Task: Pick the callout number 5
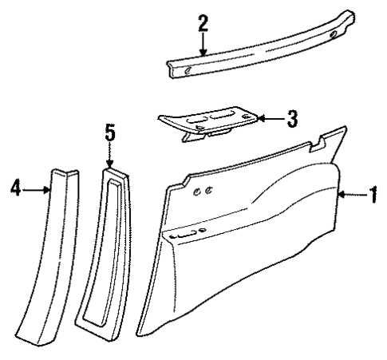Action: [110, 132]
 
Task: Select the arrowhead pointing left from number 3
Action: [261, 120]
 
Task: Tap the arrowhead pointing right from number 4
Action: [50, 189]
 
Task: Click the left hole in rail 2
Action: [186, 72]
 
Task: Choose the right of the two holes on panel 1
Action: [207, 190]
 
